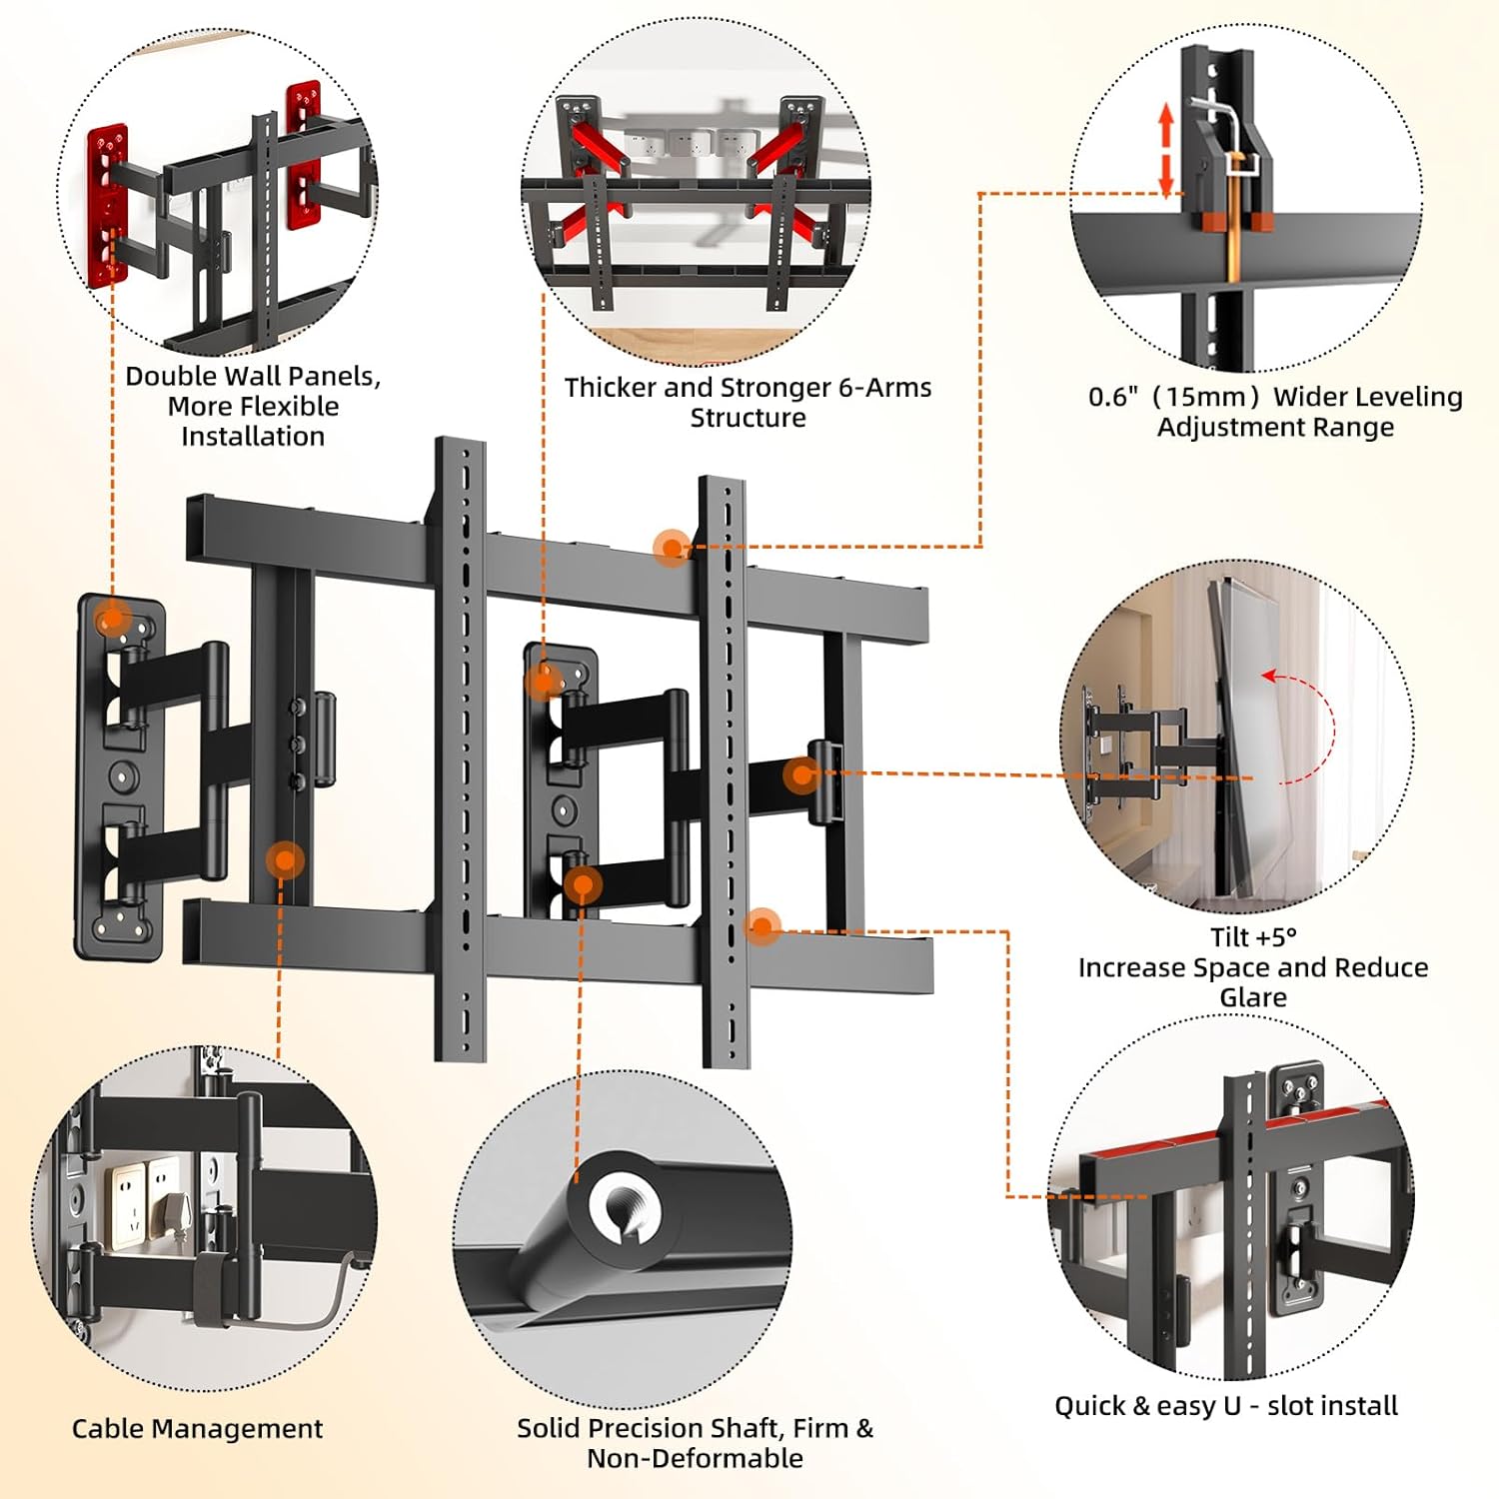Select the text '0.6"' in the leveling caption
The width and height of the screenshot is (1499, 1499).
[x=1113, y=397]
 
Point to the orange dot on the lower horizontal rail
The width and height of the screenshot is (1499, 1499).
[x=762, y=926]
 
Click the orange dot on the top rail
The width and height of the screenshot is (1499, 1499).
[x=672, y=547]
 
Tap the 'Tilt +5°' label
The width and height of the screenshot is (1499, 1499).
[x=1253, y=937]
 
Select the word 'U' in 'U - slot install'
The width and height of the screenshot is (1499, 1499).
[x=1232, y=1406]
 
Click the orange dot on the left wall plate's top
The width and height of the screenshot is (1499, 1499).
[x=113, y=618]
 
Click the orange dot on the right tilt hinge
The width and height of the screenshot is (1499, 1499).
[x=801, y=774]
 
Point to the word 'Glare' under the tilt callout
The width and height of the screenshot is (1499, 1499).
[x=1253, y=997]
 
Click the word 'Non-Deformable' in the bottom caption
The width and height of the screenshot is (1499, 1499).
[x=695, y=1458]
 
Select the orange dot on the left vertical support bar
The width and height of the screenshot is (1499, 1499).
[x=285, y=859]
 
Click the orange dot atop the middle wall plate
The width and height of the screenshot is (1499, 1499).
[x=543, y=682]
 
